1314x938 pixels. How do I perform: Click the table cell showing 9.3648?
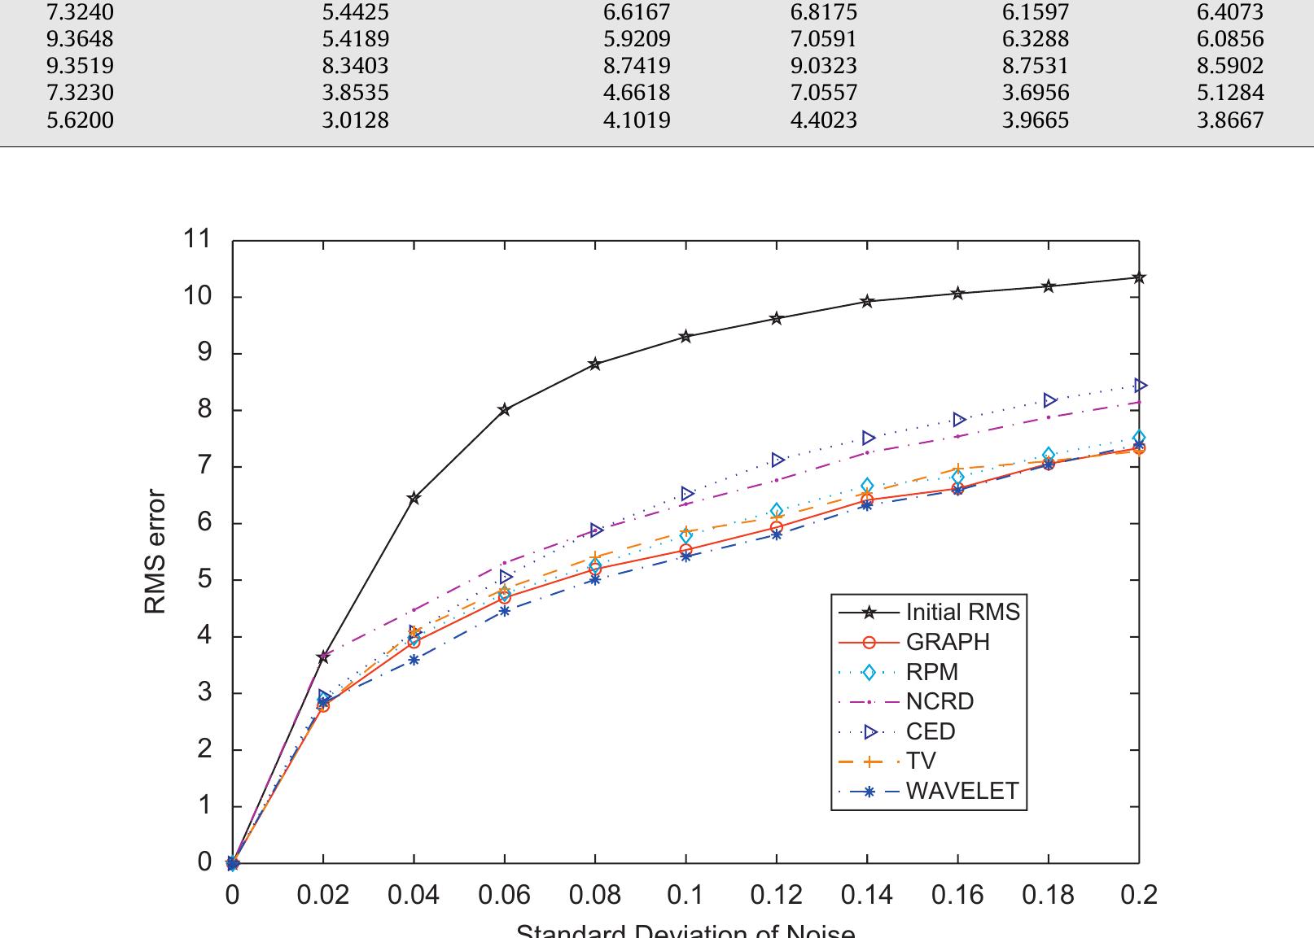pyautogui.click(x=80, y=39)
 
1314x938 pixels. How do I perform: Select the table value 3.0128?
pyautogui.click(x=356, y=120)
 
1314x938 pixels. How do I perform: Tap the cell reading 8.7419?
pyautogui.click(x=637, y=66)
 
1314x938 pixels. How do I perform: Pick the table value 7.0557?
pyautogui.click(x=824, y=93)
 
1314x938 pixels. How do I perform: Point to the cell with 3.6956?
pyautogui.click(x=1036, y=93)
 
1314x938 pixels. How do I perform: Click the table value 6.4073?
pyautogui.click(x=1230, y=12)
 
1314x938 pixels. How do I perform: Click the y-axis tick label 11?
pyautogui.click(x=197, y=239)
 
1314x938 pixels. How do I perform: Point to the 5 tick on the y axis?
pyautogui.click(x=204, y=579)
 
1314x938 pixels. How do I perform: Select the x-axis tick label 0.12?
pyautogui.click(x=776, y=896)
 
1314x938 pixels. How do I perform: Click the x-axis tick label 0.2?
pyautogui.click(x=1138, y=896)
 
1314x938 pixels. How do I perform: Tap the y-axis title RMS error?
pyautogui.click(x=155, y=552)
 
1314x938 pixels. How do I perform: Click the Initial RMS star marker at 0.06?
pyautogui.click(x=505, y=409)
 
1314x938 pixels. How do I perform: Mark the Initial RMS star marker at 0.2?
pyautogui.click(x=1139, y=277)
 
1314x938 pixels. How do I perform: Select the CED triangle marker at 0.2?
pyautogui.click(x=1140, y=386)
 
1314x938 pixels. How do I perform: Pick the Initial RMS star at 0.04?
pyautogui.click(x=414, y=498)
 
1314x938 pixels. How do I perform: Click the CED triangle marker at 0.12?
pyautogui.click(x=777, y=460)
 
